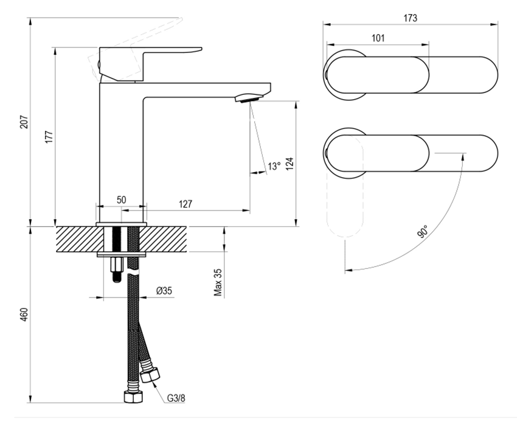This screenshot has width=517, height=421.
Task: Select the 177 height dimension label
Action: click(x=49, y=137)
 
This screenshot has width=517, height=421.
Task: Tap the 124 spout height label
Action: click(x=290, y=164)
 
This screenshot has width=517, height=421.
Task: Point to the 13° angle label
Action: click(x=274, y=166)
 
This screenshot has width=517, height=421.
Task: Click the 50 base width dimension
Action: click(x=121, y=200)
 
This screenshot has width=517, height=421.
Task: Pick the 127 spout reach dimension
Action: click(x=186, y=204)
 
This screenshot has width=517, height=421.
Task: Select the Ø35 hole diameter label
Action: click(x=164, y=291)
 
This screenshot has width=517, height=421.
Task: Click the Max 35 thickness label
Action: click(x=218, y=282)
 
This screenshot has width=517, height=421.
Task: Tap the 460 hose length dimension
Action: click(x=24, y=315)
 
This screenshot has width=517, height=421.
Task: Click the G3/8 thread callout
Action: click(x=176, y=398)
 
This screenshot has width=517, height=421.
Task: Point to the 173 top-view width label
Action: click(x=410, y=18)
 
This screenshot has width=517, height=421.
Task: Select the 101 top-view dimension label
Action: click(x=378, y=38)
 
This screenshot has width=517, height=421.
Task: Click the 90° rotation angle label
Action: click(x=422, y=231)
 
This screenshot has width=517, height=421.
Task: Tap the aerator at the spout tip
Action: click(x=249, y=98)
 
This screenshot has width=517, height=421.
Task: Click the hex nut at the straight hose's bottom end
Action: click(x=134, y=397)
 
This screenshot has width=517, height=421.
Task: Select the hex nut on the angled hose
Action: click(x=150, y=375)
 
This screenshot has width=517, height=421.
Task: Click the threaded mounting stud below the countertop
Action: click(x=117, y=270)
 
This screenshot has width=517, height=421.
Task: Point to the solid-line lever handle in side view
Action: click(x=150, y=64)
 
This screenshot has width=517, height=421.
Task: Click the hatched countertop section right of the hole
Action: click(x=163, y=239)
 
